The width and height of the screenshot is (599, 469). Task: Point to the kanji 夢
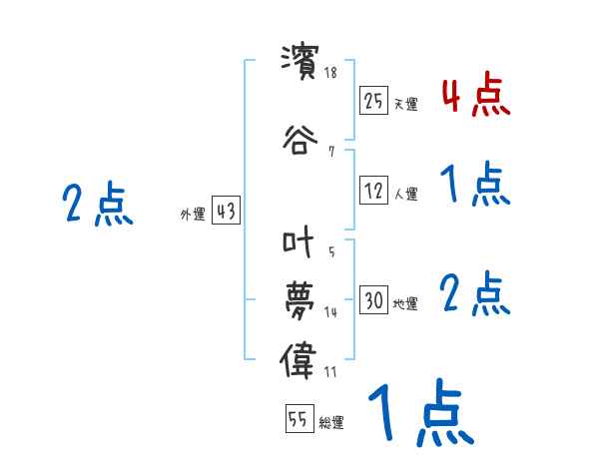click(x=299, y=299)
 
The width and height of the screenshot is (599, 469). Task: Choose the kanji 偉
click(x=299, y=358)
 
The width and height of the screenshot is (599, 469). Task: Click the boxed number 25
click(x=374, y=101)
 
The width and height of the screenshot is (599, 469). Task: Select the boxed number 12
click(x=374, y=192)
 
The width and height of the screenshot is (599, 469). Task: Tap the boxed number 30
click(x=374, y=301)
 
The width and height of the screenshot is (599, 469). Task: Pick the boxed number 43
click(x=226, y=213)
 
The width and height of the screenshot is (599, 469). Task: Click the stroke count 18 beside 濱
click(x=331, y=72)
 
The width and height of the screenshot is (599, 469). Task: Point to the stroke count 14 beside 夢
click(x=331, y=312)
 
